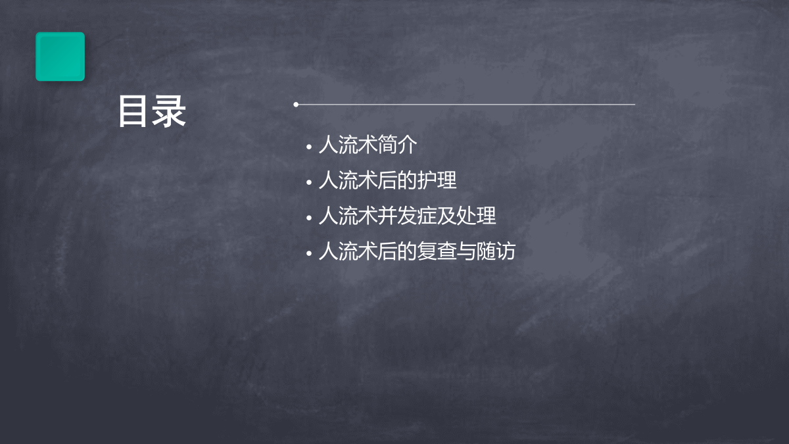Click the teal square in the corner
click(60, 57)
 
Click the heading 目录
click(152, 111)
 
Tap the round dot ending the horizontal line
click(296, 105)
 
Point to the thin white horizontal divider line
click(466, 105)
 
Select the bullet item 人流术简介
click(368, 145)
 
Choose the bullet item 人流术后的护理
click(387, 180)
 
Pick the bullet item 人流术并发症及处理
click(407, 216)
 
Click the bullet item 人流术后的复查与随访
click(417, 251)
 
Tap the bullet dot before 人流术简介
click(309, 147)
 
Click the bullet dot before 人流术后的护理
click(309, 182)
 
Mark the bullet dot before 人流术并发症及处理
click(309, 218)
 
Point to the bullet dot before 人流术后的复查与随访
click(309, 253)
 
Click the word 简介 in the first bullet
click(398, 145)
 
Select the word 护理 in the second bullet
click(437, 180)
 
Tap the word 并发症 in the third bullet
click(407, 216)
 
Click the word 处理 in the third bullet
click(477, 216)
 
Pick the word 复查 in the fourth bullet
click(437, 251)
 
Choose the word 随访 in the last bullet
click(496, 251)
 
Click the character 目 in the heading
click(132, 111)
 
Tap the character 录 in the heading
click(169, 111)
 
